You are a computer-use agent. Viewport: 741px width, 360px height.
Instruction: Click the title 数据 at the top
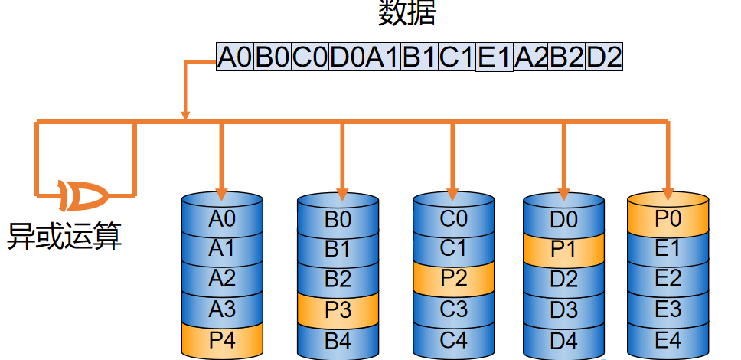406,13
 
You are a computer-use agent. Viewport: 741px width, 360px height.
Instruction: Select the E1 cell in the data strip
495,57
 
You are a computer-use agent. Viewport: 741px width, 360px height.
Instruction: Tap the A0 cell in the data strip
235,57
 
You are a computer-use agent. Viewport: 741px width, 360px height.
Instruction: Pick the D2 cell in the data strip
604,57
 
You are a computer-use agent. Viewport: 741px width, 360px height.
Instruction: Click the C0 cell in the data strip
309,57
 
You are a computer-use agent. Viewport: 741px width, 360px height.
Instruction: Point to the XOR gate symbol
83,195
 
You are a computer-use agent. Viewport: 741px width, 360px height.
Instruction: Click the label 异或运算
65,235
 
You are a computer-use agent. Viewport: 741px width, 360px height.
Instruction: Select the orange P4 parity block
222,340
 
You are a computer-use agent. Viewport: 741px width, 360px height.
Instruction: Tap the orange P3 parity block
338,310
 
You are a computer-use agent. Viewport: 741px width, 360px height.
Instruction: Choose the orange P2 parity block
454,278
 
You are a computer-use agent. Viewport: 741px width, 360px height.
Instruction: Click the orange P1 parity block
563,249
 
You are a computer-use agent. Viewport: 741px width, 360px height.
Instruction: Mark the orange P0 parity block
668,218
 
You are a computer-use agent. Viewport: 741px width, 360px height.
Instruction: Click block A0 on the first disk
222,219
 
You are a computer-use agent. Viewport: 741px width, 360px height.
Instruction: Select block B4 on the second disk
338,342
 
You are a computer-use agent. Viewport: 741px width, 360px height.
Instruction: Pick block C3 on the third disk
454,309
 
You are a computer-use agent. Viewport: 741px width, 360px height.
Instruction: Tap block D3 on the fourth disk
563,309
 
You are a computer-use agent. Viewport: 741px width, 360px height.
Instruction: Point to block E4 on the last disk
668,341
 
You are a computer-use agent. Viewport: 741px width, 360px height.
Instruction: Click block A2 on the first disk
222,279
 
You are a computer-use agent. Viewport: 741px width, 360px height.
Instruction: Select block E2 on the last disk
668,279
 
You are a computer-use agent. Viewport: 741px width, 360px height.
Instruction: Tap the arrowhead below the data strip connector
185,116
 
